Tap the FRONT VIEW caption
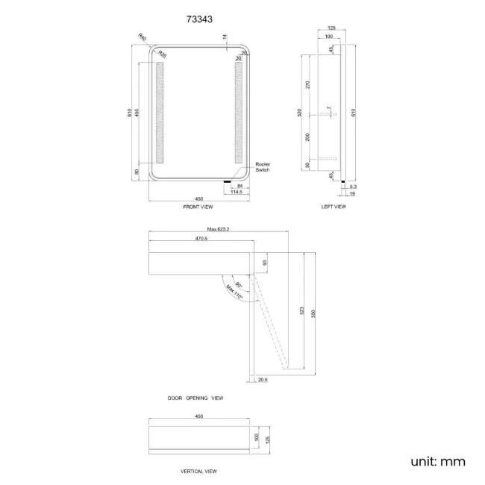click(198, 207)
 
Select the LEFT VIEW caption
click(334, 207)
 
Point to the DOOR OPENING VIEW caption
click(195, 398)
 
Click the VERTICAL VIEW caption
click(198, 471)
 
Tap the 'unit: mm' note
click(437, 461)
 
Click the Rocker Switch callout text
click(262, 167)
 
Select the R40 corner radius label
click(143, 37)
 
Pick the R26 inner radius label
click(162, 54)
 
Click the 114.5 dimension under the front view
click(238, 192)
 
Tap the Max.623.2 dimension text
click(218, 229)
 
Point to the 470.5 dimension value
click(201, 239)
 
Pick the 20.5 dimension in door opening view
click(262, 380)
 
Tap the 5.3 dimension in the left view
click(352, 186)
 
